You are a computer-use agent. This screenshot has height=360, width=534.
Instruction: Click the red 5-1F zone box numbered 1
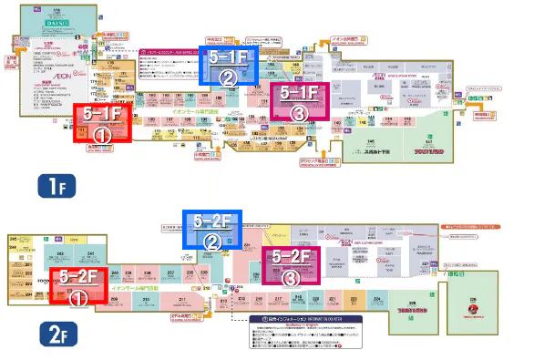click(x=102, y=123)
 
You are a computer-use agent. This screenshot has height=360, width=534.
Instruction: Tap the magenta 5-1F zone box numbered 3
click(x=298, y=101)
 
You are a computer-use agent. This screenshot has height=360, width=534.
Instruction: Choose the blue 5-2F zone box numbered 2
click(x=211, y=231)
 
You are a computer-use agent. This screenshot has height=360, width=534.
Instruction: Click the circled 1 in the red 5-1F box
click(x=102, y=132)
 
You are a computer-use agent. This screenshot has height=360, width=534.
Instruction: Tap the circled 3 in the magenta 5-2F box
click(x=291, y=277)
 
